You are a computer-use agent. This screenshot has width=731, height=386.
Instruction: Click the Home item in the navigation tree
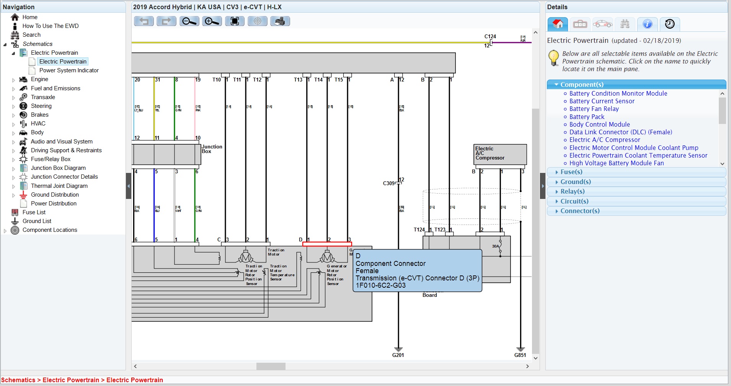(29, 17)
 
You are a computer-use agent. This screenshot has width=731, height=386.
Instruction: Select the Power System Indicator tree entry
(69, 70)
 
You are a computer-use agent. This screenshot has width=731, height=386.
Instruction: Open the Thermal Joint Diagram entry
(59, 186)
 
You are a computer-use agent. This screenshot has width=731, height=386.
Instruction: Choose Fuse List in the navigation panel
(34, 212)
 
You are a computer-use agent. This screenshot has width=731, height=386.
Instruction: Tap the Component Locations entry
(50, 230)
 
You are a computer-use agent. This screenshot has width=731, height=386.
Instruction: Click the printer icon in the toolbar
(280, 21)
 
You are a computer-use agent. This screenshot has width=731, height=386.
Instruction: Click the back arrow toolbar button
(144, 21)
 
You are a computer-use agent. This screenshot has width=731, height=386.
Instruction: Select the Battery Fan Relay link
(594, 109)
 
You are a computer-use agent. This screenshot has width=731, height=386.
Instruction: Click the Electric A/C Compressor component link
(604, 140)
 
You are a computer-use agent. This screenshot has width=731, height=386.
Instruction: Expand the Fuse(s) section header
(571, 172)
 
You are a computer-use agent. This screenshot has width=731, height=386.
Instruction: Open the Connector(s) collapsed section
(579, 211)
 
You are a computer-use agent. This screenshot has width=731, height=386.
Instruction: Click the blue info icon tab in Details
(647, 24)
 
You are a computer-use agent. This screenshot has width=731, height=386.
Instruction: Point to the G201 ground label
(398, 355)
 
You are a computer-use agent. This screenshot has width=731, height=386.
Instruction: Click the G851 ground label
(520, 355)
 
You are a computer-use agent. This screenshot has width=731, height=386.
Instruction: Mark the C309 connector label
(388, 183)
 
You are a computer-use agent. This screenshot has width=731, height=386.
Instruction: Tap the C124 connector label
(490, 36)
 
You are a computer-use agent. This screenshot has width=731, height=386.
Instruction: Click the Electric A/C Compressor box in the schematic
(500, 154)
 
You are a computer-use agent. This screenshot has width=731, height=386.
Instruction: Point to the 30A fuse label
(495, 246)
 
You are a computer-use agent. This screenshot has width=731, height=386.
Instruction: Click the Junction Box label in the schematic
(212, 149)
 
